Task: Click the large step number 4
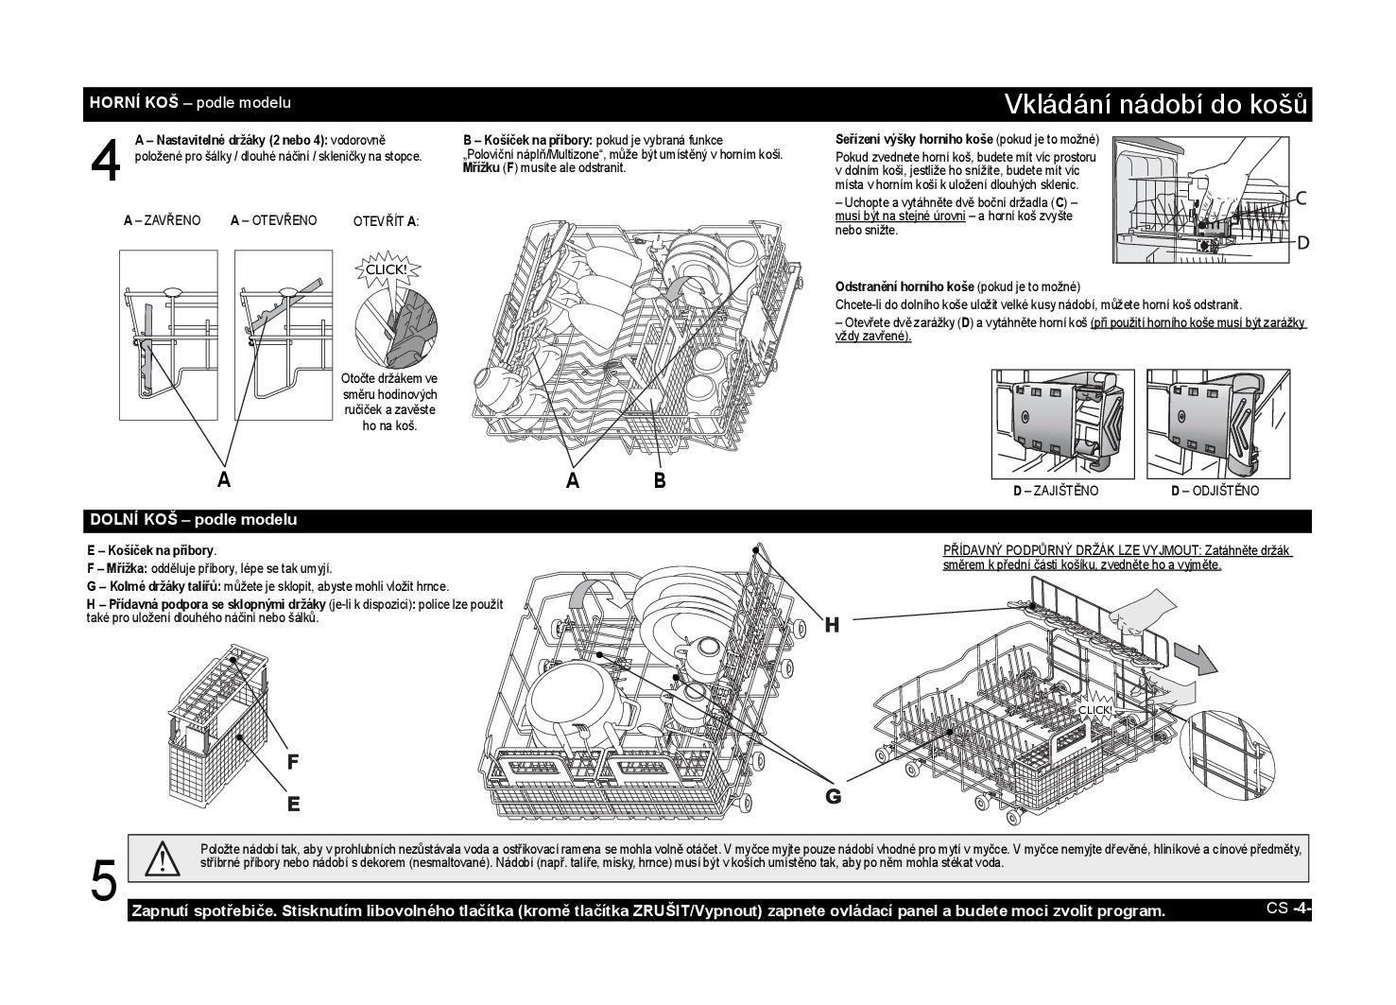(105, 160)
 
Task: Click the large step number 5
(103, 880)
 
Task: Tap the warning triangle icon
(162, 859)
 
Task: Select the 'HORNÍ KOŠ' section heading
(134, 102)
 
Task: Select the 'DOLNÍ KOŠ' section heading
(134, 519)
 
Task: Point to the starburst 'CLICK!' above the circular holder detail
(387, 269)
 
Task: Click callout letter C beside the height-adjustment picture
(1301, 199)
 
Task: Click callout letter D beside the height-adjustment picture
(1302, 243)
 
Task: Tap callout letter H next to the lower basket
(832, 625)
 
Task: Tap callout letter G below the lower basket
(833, 795)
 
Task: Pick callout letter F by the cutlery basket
(292, 761)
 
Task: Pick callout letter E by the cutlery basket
(294, 804)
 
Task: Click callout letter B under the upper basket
(660, 479)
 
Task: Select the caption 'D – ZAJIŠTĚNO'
(1056, 491)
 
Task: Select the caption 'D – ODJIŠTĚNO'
(1215, 491)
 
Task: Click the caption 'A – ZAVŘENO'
(162, 220)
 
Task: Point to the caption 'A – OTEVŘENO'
(273, 220)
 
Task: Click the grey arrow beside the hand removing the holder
(1196, 658)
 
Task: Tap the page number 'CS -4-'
(1288, 908)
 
